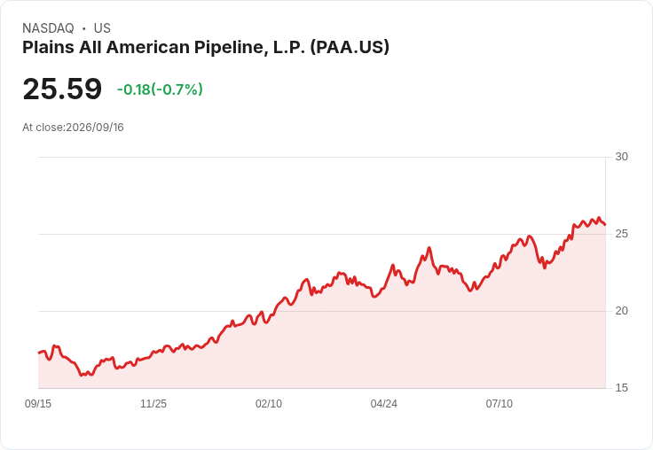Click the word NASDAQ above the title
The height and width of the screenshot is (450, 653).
pyautogui.click(x=48, y=28)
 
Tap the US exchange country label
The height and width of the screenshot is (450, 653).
pyautogui.click(x=102, y=28)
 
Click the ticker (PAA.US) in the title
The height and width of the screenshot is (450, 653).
pyautogui.click(x=350, y=47)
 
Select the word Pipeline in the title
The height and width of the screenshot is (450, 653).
pyautogui.click(x=231, y=47)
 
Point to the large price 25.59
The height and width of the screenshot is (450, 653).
pyautogui.click(x=62, y=89)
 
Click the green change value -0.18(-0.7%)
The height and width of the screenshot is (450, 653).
pyautogui.click(x=160, y=89)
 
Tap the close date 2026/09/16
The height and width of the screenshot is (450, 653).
pyautogui.click(x=95, y=128)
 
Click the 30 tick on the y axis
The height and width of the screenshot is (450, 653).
pyautogui.click(x=621, y=157)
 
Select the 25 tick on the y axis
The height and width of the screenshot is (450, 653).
pyautogui.click(x=621, y=234)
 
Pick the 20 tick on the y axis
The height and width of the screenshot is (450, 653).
pyautogui.click(x=621, y=311)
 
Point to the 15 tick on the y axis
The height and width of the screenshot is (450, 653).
pyautogui.click(x=621, y=388)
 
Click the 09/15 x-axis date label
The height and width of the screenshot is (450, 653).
pyautogui.click(x=38, y=403)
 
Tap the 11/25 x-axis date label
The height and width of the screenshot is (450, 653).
pyautogui.click(x=153, y=403)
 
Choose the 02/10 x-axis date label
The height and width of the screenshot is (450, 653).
pyautogui.click(x=269, y=403)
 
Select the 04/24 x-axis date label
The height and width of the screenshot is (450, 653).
pyautogui.click(x=383, y=403)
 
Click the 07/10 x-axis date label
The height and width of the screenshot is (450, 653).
pyautogui.click(x=499, y=403)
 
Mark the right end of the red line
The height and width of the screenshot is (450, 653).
pyautogui.click(x=605, y=225)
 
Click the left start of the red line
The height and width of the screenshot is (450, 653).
pyautogui.click(x=39, y=353)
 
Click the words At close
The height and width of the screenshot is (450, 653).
pyautogui.click(x=43, y=128)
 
